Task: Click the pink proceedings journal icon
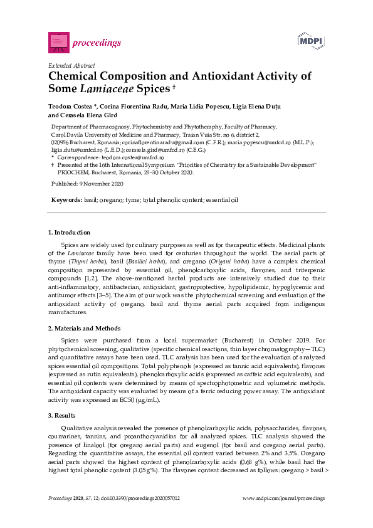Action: tap(58, 42)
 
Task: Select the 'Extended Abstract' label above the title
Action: tap(72, 65)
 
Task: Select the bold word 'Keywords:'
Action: tap(67, 199)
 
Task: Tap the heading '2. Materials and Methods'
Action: tap(85, 329)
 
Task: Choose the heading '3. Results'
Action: tap(63, 416)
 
